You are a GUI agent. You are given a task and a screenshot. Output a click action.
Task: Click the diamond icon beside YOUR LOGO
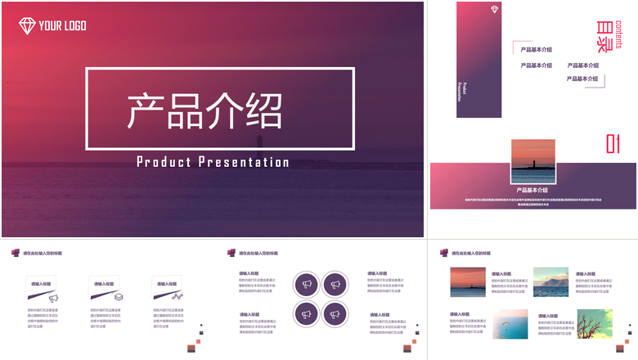[27, 25]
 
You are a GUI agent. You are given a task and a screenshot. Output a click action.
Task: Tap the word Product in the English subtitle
[164, 162]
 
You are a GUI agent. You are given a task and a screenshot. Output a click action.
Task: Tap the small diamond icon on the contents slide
[495, 10]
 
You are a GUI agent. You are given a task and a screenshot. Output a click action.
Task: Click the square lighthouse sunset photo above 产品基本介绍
[533, 161]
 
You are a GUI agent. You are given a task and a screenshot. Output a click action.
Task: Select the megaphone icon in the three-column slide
[54, 299]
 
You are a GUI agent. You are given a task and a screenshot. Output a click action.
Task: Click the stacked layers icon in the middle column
[118, 298]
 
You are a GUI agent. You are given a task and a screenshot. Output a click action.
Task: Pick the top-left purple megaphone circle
[308, 284]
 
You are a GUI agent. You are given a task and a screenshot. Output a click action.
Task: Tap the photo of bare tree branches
[595, 324]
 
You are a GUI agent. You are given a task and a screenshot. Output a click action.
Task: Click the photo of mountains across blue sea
[550, 281]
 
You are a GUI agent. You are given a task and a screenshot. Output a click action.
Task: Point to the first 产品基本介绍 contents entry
[536, 51]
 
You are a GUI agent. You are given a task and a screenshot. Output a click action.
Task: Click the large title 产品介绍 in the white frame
[204, 110]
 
